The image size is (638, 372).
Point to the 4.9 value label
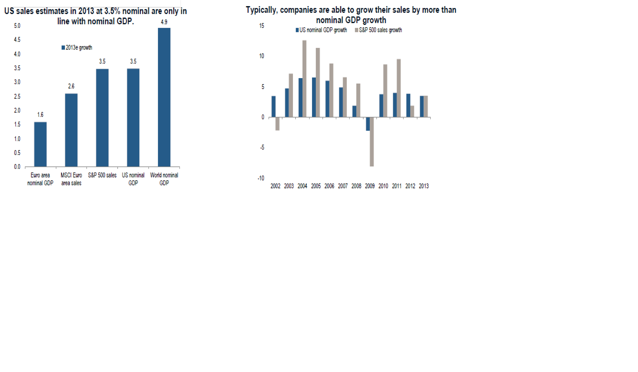164,22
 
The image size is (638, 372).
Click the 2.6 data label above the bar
71,86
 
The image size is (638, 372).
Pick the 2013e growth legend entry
77,48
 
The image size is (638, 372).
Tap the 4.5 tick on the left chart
17,40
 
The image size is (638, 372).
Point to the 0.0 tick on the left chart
17,167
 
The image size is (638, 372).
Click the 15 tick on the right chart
262,26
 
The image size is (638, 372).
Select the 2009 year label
370,186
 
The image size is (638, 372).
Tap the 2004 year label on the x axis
302,186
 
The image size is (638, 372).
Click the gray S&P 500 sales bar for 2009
372,142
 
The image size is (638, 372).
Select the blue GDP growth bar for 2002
273,106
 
